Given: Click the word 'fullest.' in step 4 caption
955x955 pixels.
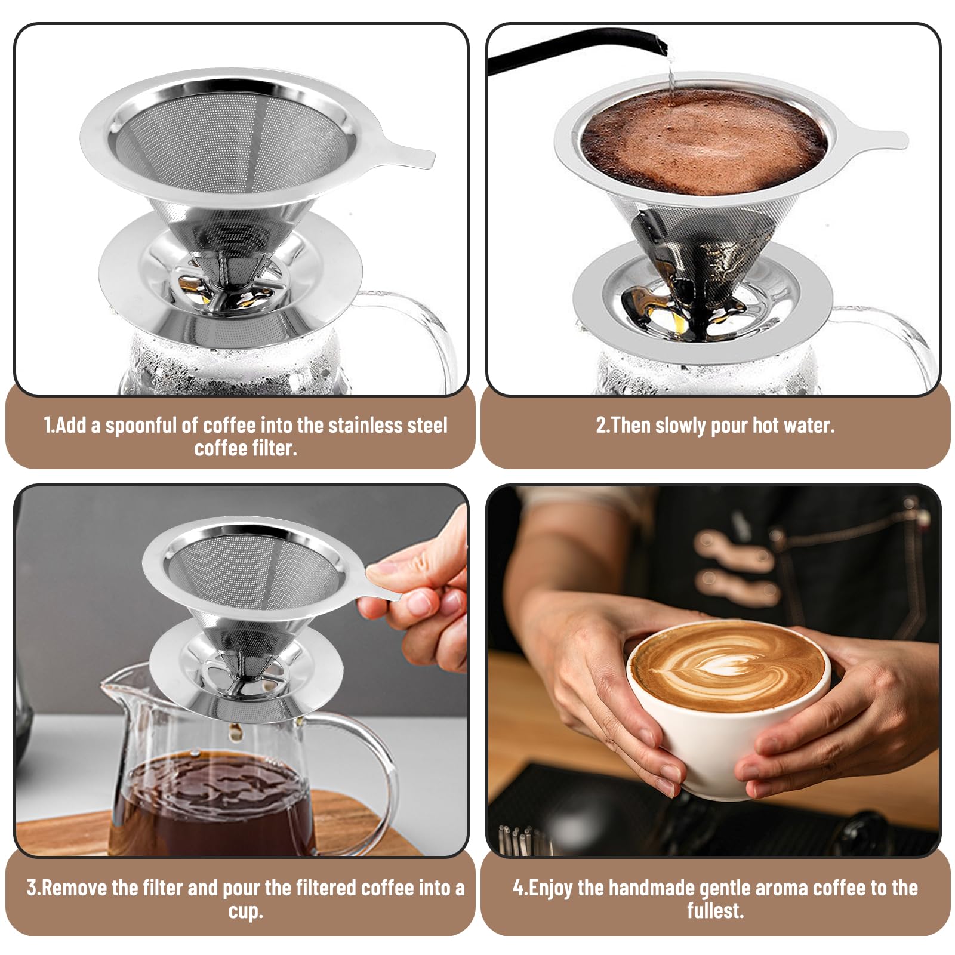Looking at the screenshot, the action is coord(715,911).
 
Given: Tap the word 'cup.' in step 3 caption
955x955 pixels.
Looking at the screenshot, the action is coord(245,911).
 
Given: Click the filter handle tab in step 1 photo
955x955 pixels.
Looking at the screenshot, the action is coord(406,153).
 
